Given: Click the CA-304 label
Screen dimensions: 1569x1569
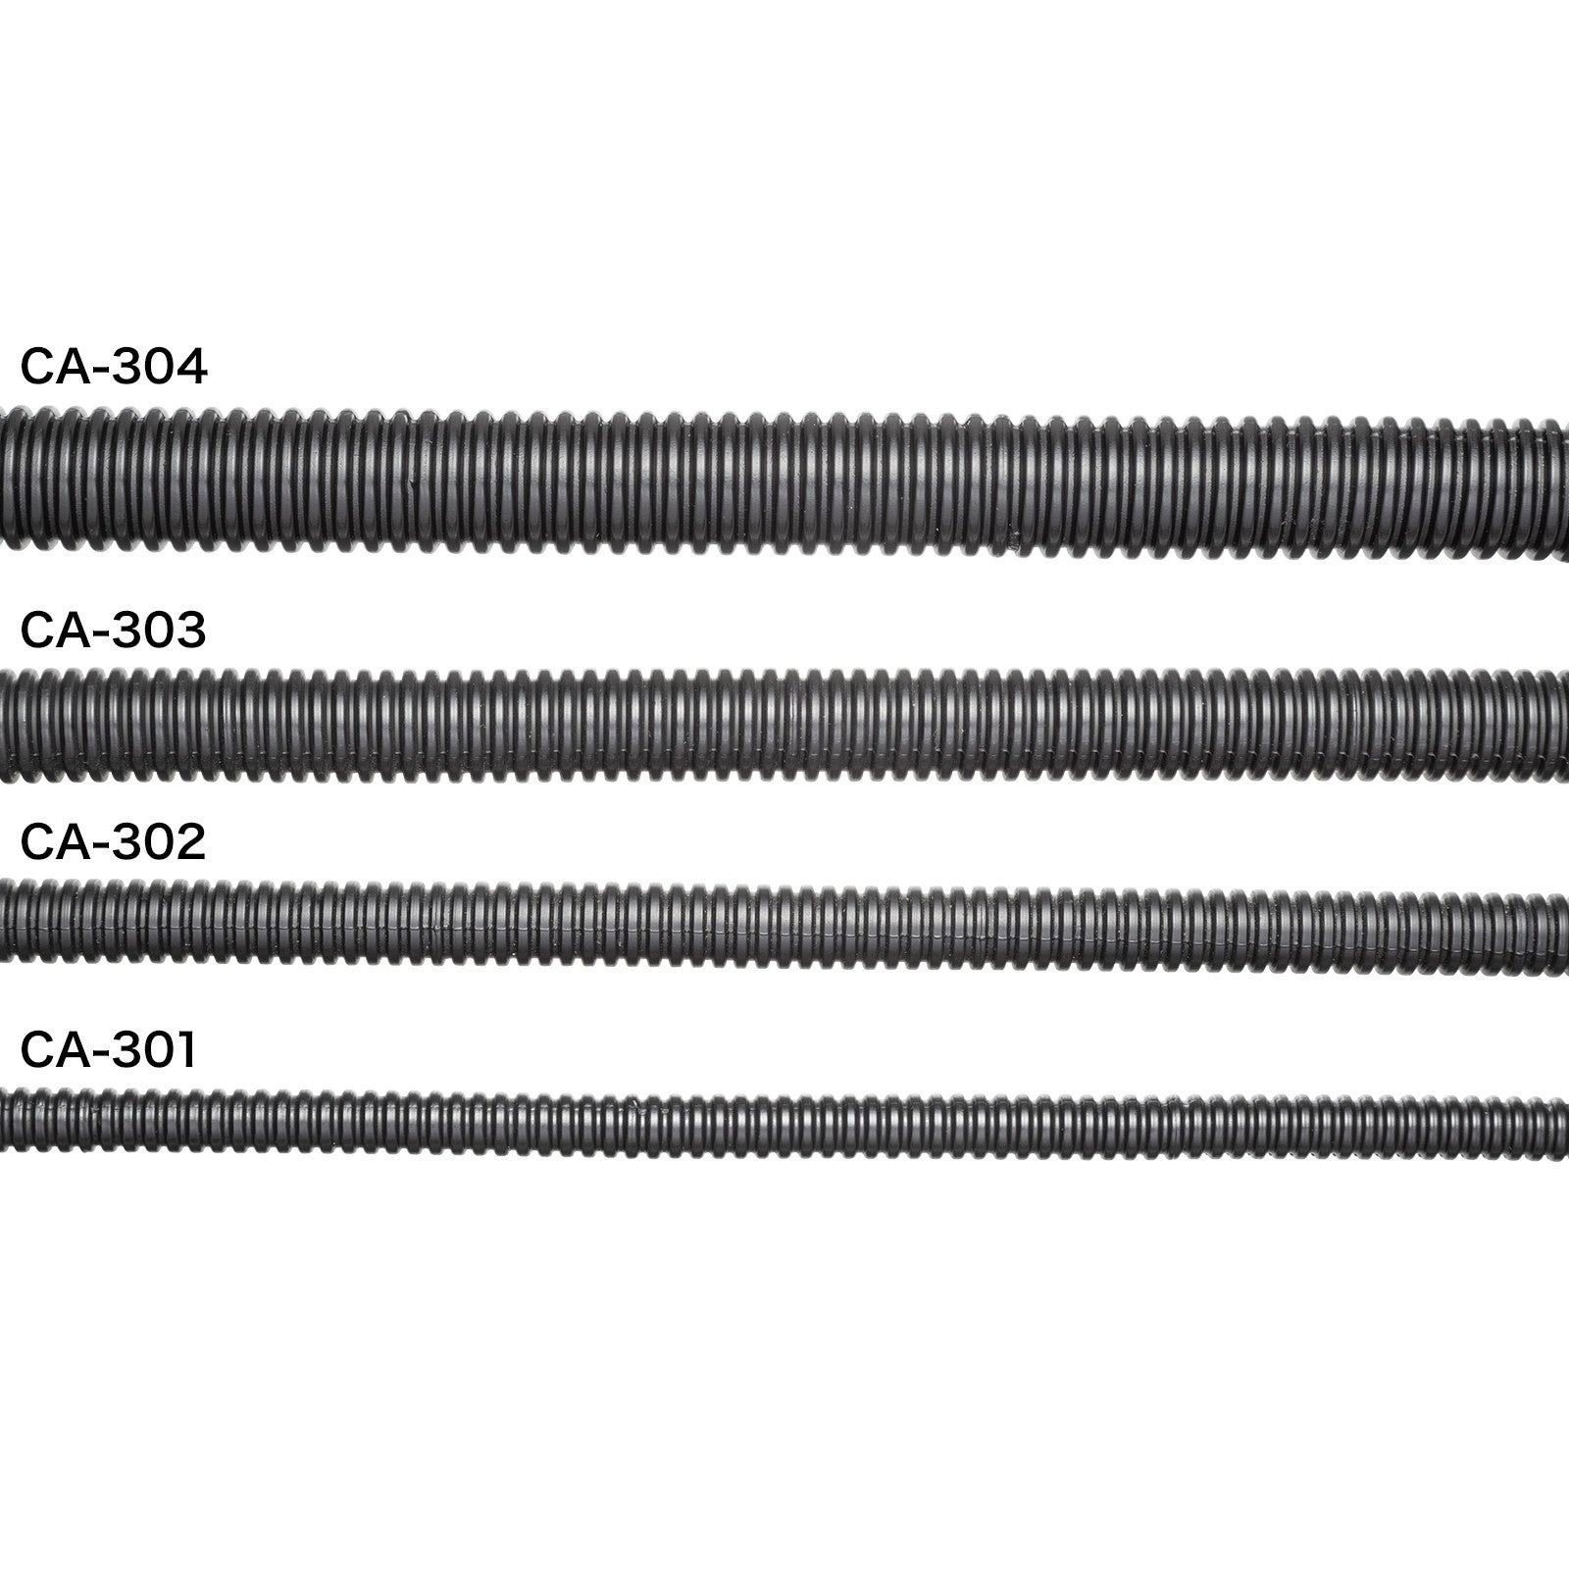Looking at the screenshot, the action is pyautogui.click(x=114, y=368).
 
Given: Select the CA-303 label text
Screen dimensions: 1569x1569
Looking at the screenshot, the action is pyautogui.click(x=114, y=631).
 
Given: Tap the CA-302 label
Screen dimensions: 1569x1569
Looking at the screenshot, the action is pyautogui.click(x=114, y=842).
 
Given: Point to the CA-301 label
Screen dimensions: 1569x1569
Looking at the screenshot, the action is pyautogui.click(x=109, y=1050).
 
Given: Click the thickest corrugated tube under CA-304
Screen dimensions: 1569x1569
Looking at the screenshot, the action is pyautogui.click(x=784, y=481).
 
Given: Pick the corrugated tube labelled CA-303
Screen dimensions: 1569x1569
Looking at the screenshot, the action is pyautogui.click(x=784, y=726).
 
